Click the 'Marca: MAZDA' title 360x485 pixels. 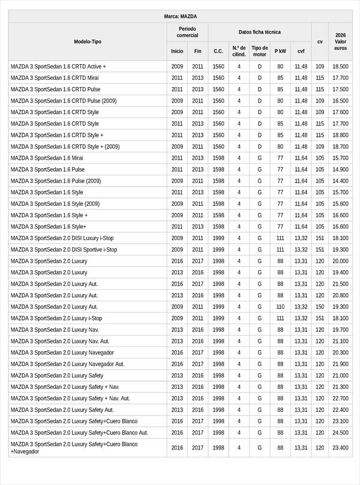coord(180,17)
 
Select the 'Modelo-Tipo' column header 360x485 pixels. coord(88,41)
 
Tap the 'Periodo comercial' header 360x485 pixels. coord(187,32)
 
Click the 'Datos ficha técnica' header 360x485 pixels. coord(259,32)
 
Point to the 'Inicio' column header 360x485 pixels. coord(177,52)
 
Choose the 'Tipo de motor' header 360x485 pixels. coord(259,51)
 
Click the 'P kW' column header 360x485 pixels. coord(280,52)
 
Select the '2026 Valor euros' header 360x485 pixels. coord(340,41)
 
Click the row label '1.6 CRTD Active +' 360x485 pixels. coord(58,67)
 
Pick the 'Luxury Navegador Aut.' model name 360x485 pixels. coord(67,364)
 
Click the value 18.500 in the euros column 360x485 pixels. coord(340,67)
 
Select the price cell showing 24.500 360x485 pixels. coord(340,432)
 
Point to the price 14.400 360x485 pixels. coord(340,181)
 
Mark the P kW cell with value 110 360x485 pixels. coord(280,307)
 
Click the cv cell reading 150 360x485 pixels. coord(320,307)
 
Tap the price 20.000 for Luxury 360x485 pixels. coord(340,261)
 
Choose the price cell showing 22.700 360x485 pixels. coord(340,398)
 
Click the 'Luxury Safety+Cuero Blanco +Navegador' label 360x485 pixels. coord(74,448)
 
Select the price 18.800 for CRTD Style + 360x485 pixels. coord(340,135)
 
